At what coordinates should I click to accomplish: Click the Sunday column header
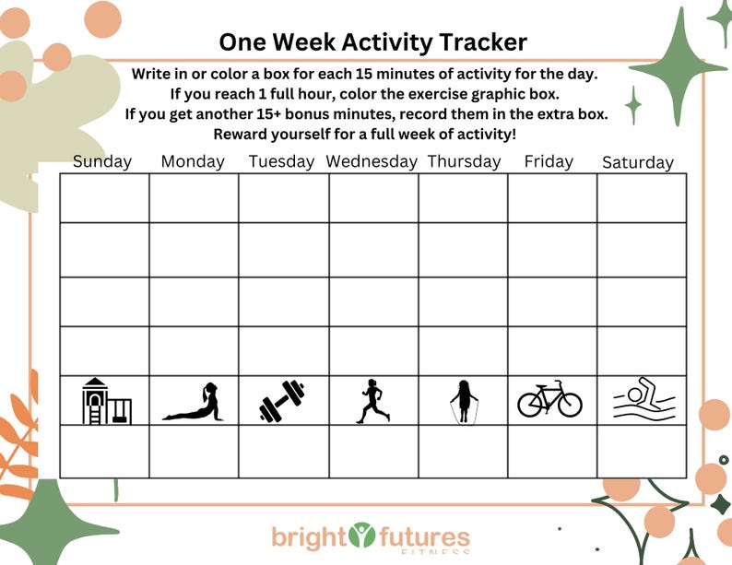point(102,161)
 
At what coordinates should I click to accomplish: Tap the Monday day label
point(193,161)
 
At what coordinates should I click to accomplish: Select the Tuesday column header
point(281,161)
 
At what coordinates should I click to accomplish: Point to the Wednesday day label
point(372,161)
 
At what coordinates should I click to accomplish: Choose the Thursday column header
point(464,161)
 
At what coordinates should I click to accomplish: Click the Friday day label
point(549,161)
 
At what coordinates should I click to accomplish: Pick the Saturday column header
point(638,162)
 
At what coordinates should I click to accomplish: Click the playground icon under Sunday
point(106,402)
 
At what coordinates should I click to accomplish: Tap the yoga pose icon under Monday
point(194,403)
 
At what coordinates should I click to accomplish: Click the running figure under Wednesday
point(372,402)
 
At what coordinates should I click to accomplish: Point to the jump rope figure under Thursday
point(462,403)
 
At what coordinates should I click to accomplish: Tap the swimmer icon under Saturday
point(643,398)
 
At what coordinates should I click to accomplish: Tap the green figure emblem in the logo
point(363,535)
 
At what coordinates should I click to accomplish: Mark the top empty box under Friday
point(551,198)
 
